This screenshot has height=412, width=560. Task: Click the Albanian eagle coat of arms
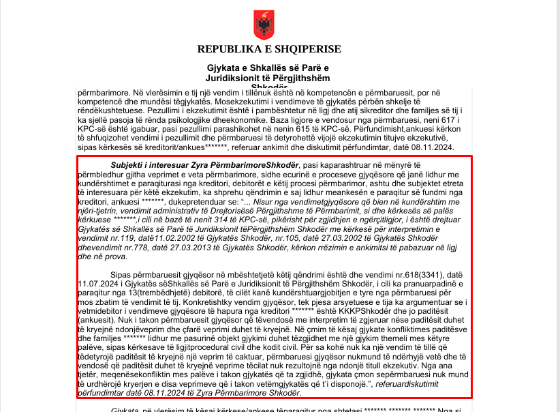point(262,25)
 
